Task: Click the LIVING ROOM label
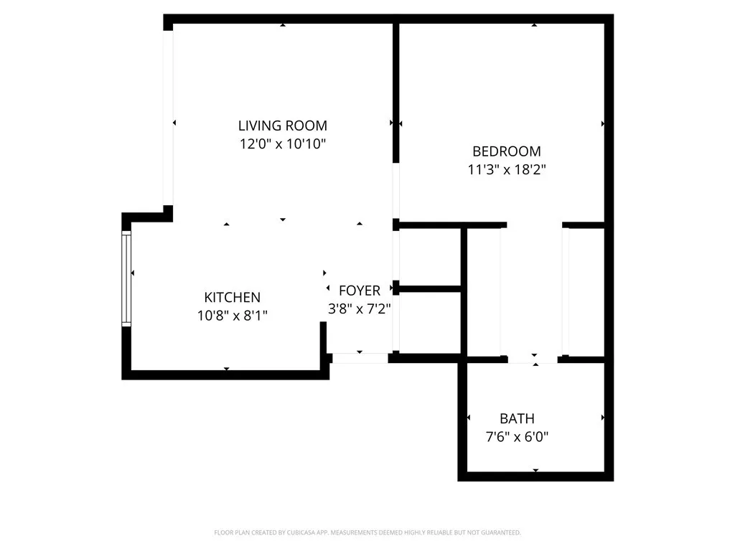[x=283, y=126]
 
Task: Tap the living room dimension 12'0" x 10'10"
[x=283, y=143]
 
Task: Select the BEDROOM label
[x=506, y=151]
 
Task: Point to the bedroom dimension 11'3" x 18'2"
[x=506, y=170]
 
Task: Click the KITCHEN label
[x=232, y=297]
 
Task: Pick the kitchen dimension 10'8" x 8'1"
[x=232, y=315]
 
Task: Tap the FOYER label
[x=360, y=291]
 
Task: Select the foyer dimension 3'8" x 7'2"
[x=360, y=309]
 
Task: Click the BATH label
[x=517, y=418]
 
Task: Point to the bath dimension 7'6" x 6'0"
[x=517, y=436]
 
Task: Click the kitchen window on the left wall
[x=126, y=278]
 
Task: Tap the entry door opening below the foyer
[x=360, y=357]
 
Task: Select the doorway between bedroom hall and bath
[x=533, y=359]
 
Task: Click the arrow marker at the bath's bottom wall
[x=535, y=470]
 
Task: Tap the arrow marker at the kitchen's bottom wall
[x=227, y=369]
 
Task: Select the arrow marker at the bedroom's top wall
[x=534, y=26]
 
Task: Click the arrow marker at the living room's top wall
[x=283, y=26]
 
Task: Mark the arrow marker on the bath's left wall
[x=469, y=418]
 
